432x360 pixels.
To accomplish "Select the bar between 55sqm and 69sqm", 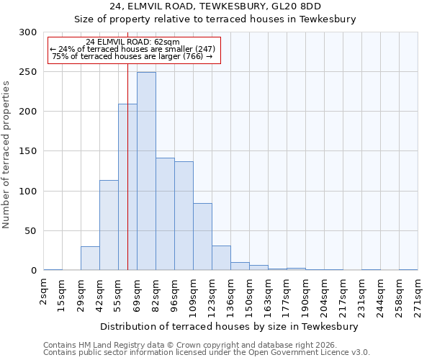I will tap(127, 187).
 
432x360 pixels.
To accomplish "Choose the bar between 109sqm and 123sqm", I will tap(202, 237).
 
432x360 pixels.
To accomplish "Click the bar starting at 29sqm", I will tap(90, 258).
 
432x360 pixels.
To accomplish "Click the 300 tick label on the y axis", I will tap(27, 32).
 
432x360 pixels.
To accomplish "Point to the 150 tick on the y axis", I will tap(27, 151).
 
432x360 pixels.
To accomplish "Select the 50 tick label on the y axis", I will tap(30, 231).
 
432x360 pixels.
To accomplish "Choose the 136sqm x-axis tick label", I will tap(231, 297).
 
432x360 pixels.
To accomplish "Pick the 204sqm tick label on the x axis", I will tap(325, 297).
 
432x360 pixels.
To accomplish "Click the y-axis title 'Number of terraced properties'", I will tap(6, 155).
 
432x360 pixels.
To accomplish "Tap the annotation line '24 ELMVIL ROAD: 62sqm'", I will tap(132, 42).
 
